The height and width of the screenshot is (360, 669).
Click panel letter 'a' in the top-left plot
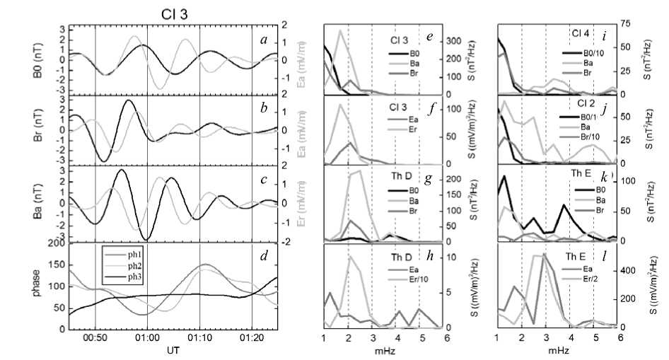point(263,40)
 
